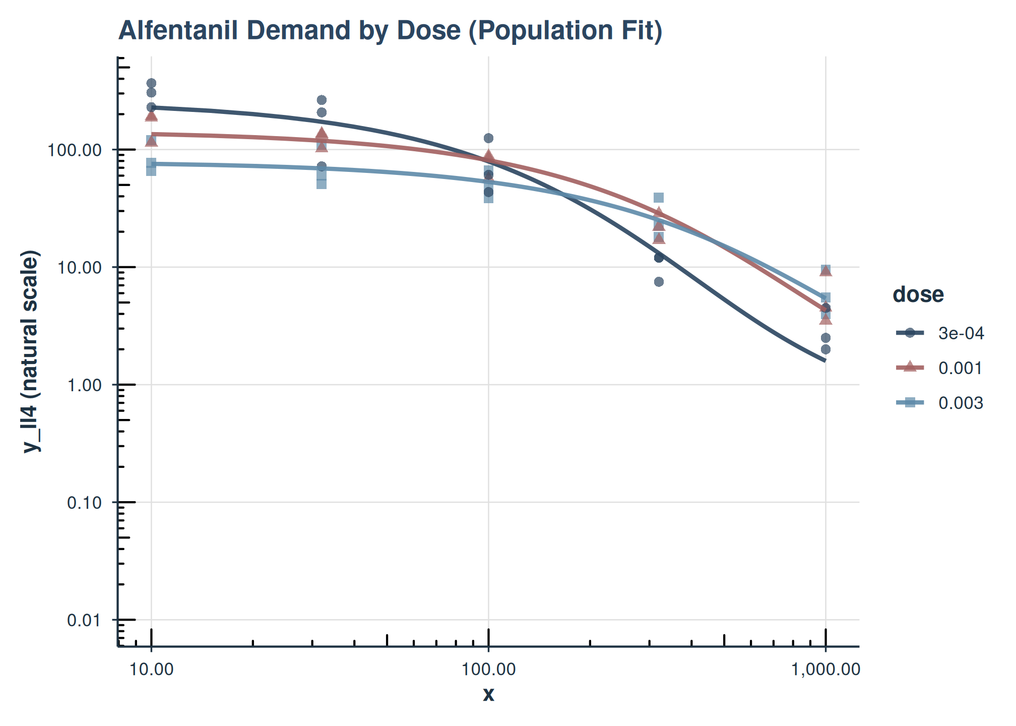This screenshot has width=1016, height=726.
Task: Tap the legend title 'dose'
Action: coord(918,294)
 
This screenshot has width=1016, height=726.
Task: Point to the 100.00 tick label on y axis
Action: coord(74,150)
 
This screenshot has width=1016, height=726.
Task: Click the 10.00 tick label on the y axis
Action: coord(79,268)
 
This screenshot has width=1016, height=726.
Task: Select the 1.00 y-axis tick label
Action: coord(84,385)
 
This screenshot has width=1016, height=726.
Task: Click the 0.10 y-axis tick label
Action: coord(84,503)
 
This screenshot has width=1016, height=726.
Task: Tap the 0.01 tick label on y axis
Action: coord(84,620)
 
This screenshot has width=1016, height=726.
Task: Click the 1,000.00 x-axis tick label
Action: coord(825,670)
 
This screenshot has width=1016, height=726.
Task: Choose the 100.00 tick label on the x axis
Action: coord(488,670)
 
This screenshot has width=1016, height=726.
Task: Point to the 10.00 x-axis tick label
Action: coord(151,670)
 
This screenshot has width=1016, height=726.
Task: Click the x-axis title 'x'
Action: coord(488,695)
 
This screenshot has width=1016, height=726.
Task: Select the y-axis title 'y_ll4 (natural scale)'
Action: coord(31,351)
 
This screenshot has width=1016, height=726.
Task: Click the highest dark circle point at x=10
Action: coord(151,83)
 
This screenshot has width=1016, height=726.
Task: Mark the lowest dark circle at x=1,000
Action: coord(825,349)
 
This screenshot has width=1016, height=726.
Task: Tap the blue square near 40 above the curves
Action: coord(659,198)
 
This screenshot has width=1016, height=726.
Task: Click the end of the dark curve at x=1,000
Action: coord(824,360)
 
